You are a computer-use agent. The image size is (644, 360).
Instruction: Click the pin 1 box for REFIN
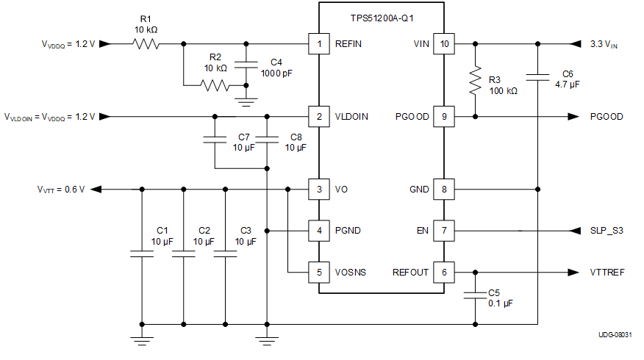click(318, 44)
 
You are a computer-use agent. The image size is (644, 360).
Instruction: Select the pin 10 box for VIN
click(443, 44)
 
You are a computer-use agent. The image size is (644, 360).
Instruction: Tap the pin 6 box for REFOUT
click(443, 272)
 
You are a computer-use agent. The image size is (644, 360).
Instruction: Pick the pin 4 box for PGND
click(318, 231)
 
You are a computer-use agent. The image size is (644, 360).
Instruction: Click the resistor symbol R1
click(146, 44)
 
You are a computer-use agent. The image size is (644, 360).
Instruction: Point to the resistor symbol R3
click(476, 79)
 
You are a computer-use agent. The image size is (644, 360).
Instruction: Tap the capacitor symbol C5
click(476, 295)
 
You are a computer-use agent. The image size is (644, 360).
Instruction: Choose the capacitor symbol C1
click(141, 253)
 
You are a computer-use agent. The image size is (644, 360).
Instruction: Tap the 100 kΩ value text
click(503, 91)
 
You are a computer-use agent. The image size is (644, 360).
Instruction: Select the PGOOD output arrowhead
click(571, 117)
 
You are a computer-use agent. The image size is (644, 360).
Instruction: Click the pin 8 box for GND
click(443, 190)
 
